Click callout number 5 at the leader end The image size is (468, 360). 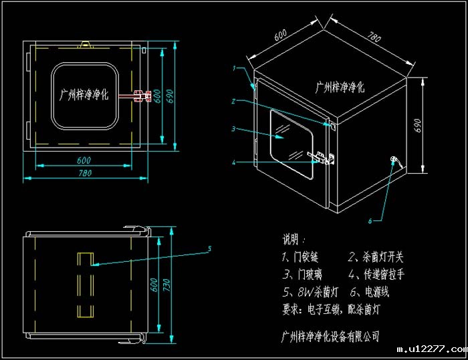209,249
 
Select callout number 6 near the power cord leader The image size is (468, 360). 370,220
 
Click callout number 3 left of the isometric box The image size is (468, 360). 233,128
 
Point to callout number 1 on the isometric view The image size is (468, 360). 235,68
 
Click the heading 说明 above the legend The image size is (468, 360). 293,238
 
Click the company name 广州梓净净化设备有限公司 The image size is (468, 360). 330,335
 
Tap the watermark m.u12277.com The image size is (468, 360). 431,350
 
